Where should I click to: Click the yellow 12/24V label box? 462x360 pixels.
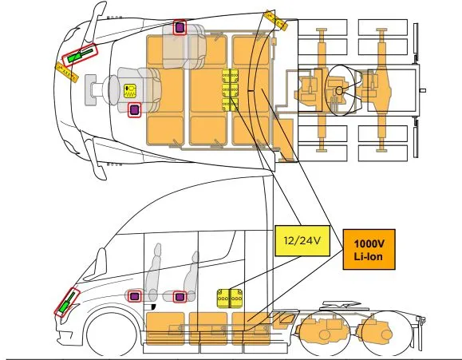[x=302, y=240]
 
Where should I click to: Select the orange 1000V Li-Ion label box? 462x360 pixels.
[x=369, y=249]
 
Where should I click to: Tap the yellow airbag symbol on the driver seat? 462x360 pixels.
[x=130, y=90]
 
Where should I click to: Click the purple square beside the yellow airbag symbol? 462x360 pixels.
[x=134, y=110]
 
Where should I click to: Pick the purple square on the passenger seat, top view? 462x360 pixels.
[x=180, y=27]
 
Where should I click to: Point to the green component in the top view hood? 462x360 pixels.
[x=80, y=55]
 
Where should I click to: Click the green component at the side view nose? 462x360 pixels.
[x=66, y=303]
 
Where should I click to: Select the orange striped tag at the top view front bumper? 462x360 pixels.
[x=67, y=72]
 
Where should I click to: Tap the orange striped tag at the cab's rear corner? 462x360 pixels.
[x=275, y=20]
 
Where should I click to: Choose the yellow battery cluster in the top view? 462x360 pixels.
[x=230, y=89]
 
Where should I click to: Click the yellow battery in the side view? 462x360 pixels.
[x=230, y=299]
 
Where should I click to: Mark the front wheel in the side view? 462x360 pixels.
[x=112, y=332]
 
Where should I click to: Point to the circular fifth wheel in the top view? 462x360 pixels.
[x=339, y=90]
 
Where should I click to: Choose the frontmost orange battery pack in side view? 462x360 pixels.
[x=165, y=328]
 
